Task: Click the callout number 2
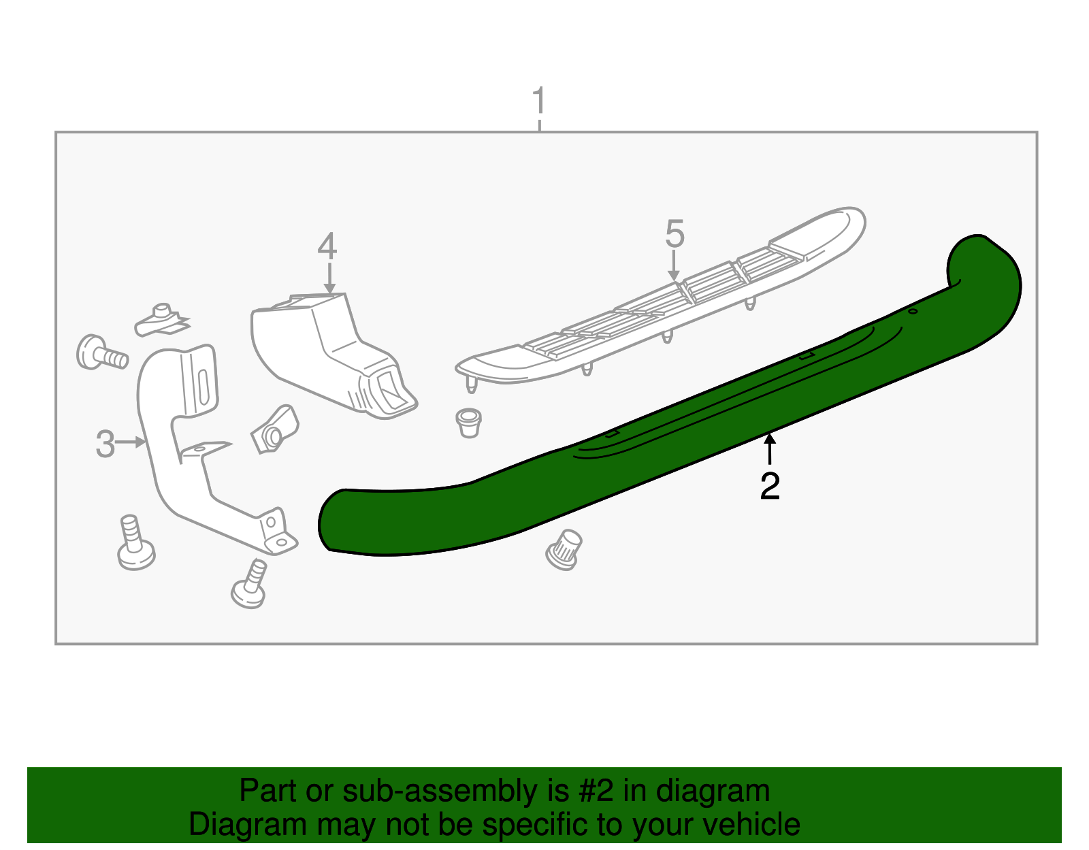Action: click(770, 486)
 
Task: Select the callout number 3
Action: click(105, 444)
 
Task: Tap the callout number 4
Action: click(327, 246)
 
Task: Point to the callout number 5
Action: click(674, 234)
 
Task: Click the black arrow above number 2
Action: click(770, 449)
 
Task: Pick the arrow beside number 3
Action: click(131, 443)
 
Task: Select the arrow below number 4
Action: click(329, 279)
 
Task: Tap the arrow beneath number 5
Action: click(674, 266)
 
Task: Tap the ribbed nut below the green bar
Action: click(564, 549)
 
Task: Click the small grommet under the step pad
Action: click(468, 423)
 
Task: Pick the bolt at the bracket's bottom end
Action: click(249, 585)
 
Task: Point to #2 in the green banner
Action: click(596, 791)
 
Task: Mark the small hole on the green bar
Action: click(913, 312)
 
